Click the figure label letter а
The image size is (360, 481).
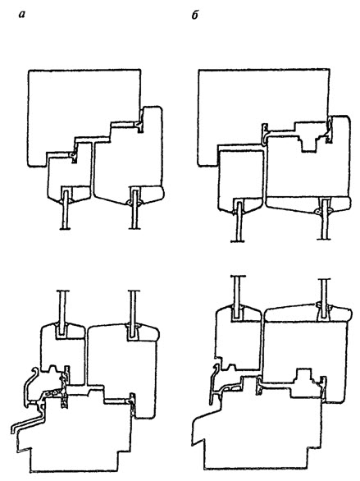[21, 15]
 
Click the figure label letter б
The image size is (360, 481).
[195, 15]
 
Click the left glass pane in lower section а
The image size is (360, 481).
[62, 312]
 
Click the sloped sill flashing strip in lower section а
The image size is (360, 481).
[28, 421]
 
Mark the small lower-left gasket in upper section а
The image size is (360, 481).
[73, 157]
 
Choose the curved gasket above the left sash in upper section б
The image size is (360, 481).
[266, 134]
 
